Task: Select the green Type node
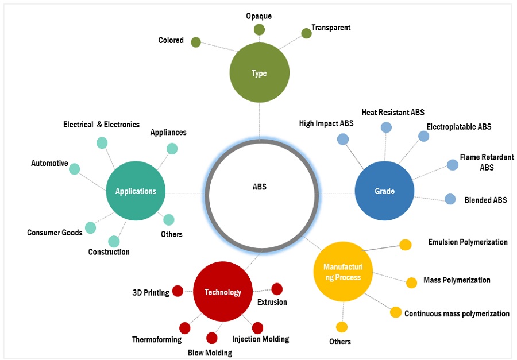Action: [259, 73]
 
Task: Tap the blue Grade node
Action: [384, 191]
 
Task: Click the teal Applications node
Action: [136, 191]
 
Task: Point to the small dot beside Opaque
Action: [259, 29]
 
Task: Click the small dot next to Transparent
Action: [306, 33]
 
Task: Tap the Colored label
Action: [171, 41]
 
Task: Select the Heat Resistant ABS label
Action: [393, 113]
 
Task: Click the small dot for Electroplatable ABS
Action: [423, 136]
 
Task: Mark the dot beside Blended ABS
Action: [450, 199]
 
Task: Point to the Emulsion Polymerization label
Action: [468, 242]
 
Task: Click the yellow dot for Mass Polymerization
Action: [411, 282]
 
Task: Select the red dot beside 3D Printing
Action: [178, 291]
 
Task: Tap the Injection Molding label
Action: [260, 339]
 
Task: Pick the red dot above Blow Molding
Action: [211, 338]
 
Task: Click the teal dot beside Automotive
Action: [74, 169]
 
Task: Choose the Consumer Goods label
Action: [55, 233]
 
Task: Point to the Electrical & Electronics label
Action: [101, 125]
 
